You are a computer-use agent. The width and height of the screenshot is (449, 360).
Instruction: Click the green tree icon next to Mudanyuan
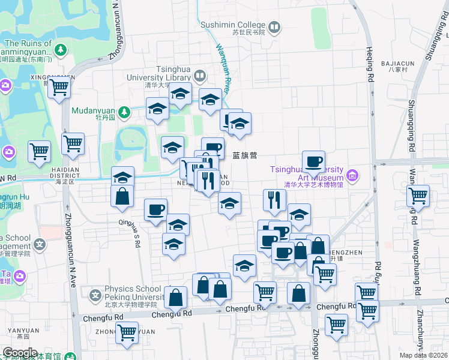click(124, 111)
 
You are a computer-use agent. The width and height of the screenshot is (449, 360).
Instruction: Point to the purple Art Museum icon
click(352, 176)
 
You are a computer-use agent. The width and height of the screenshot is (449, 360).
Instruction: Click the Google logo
click(20, 353)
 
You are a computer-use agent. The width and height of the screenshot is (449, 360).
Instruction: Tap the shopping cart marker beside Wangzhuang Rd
click(418, 195)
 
